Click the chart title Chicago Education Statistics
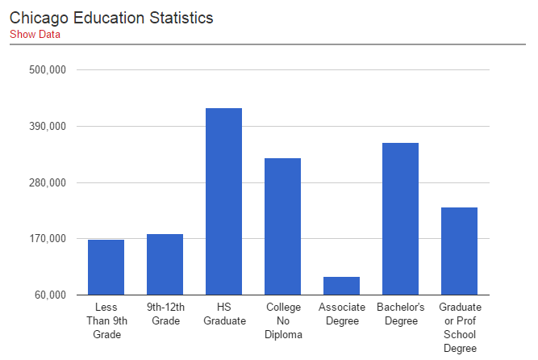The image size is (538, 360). click(x=111, y=17)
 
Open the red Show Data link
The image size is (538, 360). click(x=35, y=34)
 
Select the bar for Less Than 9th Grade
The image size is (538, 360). click(x=106, y=267)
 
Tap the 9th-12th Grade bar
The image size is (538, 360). click(x=165, y=264)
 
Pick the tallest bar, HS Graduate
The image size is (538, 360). click(x=223, y=202)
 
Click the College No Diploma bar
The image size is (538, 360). click(x=282, y=227)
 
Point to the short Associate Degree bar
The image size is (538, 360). click(x=341, y=286)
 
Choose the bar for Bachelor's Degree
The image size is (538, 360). click(x=400, y=219)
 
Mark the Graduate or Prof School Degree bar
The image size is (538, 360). click(x=459, y=251)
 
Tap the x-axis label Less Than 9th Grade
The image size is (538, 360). click(x=106, y=320)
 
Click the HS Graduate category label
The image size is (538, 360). click(x=223, y=314)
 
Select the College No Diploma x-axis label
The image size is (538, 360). click(x=282, y=320)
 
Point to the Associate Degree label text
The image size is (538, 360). click(x=341, y=314)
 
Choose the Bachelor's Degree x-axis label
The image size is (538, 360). click(x=400, y=314)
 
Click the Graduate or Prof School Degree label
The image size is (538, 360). click(x=459, y=327)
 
